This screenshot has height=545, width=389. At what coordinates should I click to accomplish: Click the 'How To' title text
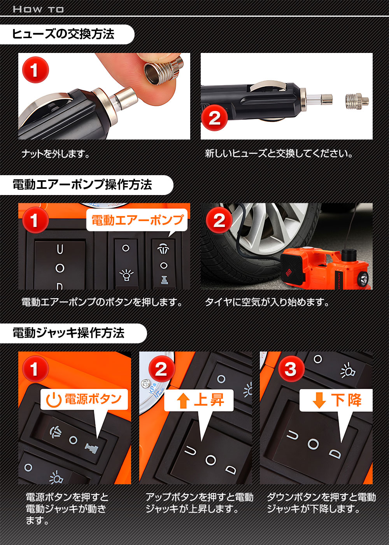click(38, 9)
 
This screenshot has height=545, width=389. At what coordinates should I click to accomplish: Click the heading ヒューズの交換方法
click(63, 34)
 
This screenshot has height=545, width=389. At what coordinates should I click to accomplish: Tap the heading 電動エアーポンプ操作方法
click(82, 185)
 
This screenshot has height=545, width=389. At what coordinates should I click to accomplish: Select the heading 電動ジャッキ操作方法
click(68, 333)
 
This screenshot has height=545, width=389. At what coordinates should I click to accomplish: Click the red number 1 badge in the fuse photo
click(35, 70)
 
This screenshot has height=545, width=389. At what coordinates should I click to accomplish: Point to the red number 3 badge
click(291, 369)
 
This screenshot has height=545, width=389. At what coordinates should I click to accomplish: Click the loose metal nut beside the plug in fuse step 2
click(357, 100)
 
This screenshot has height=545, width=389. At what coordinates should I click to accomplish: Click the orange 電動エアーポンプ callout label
click(137, 220)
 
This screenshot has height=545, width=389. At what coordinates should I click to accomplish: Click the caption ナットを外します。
click(56, 154)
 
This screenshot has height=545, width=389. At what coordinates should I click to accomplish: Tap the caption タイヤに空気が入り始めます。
click(267, 302)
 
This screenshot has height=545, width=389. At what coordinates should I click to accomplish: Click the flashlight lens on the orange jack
click(363, 278)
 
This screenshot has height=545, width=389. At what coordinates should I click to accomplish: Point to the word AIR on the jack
click(289, 273)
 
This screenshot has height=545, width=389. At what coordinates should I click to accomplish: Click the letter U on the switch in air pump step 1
click(60, 249)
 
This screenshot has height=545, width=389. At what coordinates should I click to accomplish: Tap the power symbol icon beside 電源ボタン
click(54, 400)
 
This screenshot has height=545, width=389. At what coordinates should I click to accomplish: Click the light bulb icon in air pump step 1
click(126, 275)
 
